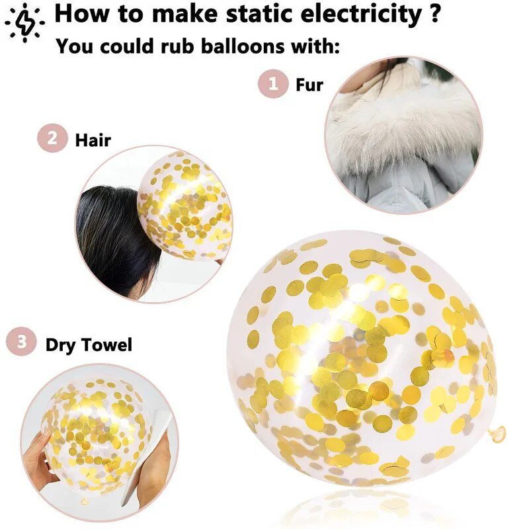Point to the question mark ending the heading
coord(435,13)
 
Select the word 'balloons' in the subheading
coord(243,46)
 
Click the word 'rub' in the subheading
coord(177,46)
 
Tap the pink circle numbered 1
coord(273,84)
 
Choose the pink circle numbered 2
coord(52,138)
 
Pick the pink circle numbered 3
coord(21,341)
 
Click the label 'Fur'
coord(309,85)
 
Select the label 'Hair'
coord(93,140)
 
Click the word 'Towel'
coord(107,345)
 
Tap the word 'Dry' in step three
coord(61,346)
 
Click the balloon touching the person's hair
coord(185,205)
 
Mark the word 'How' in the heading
coord(83,13)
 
